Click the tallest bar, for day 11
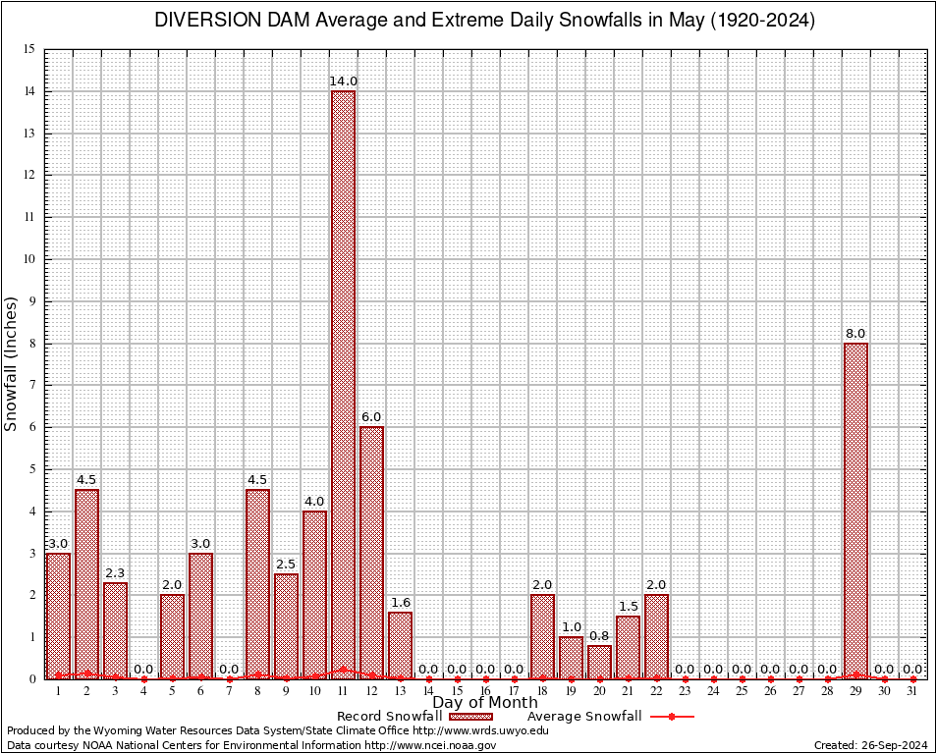(x=343, y=383)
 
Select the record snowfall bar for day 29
(x=855, y=511)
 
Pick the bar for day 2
(x=86, y=583)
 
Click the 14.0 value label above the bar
(x=343, y=81)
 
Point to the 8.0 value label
(x=855, y=334)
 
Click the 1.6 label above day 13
(x=400, y=603)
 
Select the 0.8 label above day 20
(x=599, y=636)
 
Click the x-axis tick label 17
(x=514, y=691)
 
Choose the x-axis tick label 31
(x=912, y=691)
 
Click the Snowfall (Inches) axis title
(x=12, y=363)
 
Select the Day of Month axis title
(x=485, y=703)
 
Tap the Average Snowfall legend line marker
(x=671, y=717)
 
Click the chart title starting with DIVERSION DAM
(x=484, y=21)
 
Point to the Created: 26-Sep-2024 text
(x=870, y=745)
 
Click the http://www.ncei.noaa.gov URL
(x=432, y=745)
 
